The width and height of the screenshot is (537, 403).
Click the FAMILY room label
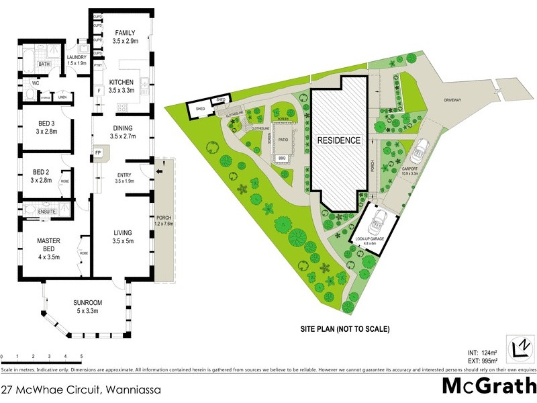tap(126, 33)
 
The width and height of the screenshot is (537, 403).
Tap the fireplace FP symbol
tap(98, 152)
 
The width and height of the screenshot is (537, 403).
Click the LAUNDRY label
tap(77, 57)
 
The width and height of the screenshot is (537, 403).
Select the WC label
tap(36, 83)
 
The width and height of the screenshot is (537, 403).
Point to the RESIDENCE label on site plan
tap(339, 141)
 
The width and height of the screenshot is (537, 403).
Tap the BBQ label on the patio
tap(282, 158)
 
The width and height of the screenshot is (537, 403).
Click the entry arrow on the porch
tap(158, 172)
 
